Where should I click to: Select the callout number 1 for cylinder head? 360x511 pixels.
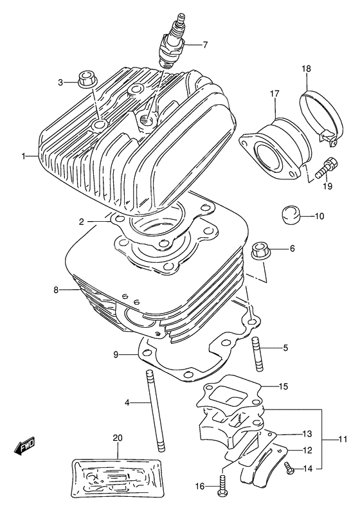coord(24,156)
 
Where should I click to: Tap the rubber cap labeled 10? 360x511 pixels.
coord(292,215)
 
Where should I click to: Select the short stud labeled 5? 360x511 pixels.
coord(259,354)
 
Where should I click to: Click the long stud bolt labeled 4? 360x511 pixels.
coord(155,411)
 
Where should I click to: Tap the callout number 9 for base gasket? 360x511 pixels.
coord(116,354)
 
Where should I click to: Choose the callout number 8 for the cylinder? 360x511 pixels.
coord(57,291)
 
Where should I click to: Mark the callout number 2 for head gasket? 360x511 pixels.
coord(82,222)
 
